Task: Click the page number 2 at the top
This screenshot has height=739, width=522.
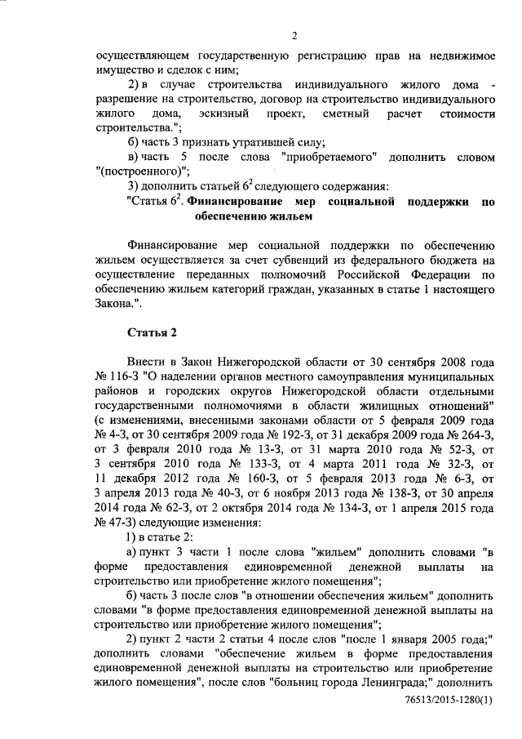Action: [294, 34]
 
